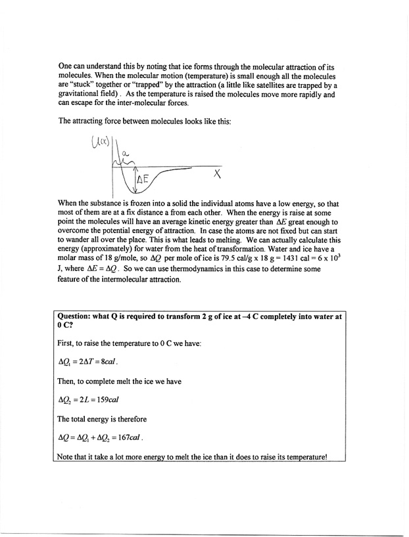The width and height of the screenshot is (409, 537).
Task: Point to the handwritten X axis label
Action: (217, 175)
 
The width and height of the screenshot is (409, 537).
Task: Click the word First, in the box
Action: (68, 344)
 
